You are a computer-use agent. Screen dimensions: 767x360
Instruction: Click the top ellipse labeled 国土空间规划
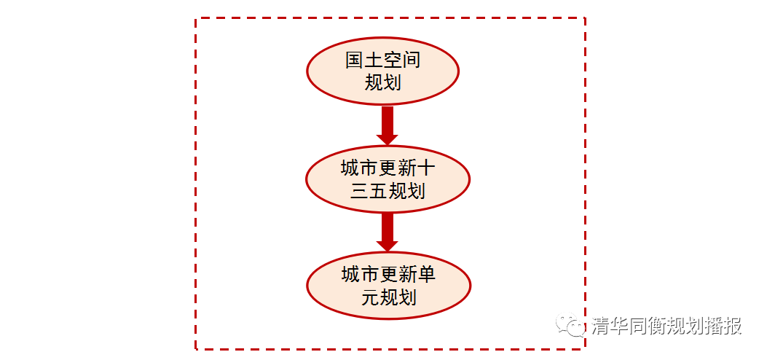(x=382, y=71)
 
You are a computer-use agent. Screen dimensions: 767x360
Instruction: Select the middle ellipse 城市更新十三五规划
(x=388, y=179)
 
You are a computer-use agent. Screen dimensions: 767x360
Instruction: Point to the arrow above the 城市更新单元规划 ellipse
(x=388, y=232)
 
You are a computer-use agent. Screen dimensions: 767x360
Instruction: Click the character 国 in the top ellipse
(x=355, y=60)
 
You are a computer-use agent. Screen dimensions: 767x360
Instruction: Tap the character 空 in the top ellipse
(x=393, y=60)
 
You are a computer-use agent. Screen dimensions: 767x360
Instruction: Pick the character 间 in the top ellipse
(x=411, y=60)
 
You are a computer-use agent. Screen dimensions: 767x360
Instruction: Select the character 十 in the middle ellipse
(x=425, y=169)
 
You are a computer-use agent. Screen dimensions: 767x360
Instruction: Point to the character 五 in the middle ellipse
(x=378, y=191)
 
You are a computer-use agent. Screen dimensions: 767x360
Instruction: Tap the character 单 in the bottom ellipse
(x=425, y=275)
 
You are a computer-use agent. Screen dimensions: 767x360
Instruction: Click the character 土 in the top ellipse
(x=374, y=60)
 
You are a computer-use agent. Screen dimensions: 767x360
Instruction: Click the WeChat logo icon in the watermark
(x=571, y=325)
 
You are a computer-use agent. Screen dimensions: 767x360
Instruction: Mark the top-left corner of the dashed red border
(x=196, y=19)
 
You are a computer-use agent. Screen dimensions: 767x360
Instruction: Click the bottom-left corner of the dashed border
(x=196, y=349)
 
